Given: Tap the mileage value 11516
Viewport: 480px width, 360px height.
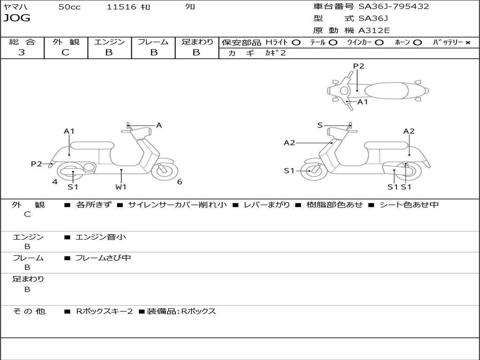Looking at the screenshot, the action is tap(121, 7).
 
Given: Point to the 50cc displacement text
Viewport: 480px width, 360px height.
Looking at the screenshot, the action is tap(69, 7).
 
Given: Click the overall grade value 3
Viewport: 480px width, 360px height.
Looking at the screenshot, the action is tap(22, 52).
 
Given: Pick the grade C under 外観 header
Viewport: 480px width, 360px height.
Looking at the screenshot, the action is tap(65, 52).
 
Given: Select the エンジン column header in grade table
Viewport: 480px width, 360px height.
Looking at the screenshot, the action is tap(109, 42).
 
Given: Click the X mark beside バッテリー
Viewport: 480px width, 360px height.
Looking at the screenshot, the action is tap(467, 43).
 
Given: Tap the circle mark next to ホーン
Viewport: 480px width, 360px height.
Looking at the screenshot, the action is tap(417, 43).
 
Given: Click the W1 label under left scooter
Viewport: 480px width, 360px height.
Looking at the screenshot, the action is tap(121, 187).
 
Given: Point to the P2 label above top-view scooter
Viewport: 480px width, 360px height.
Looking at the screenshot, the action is tap(359, 66).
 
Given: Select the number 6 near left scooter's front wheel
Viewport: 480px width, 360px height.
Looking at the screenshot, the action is tap(180, 182).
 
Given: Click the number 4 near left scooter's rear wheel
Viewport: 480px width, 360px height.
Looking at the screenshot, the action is tap(55, 182).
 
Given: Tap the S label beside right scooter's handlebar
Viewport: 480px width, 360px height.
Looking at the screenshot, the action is tap(320, 125).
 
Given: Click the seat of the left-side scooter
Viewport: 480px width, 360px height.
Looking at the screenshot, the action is tap(91, 145).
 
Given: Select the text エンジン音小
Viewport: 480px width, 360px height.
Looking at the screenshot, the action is tap(101, 237).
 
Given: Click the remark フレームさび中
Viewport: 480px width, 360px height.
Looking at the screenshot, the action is tap(103, 258).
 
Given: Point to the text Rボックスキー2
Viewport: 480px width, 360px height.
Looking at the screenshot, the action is tap(104, 311).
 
